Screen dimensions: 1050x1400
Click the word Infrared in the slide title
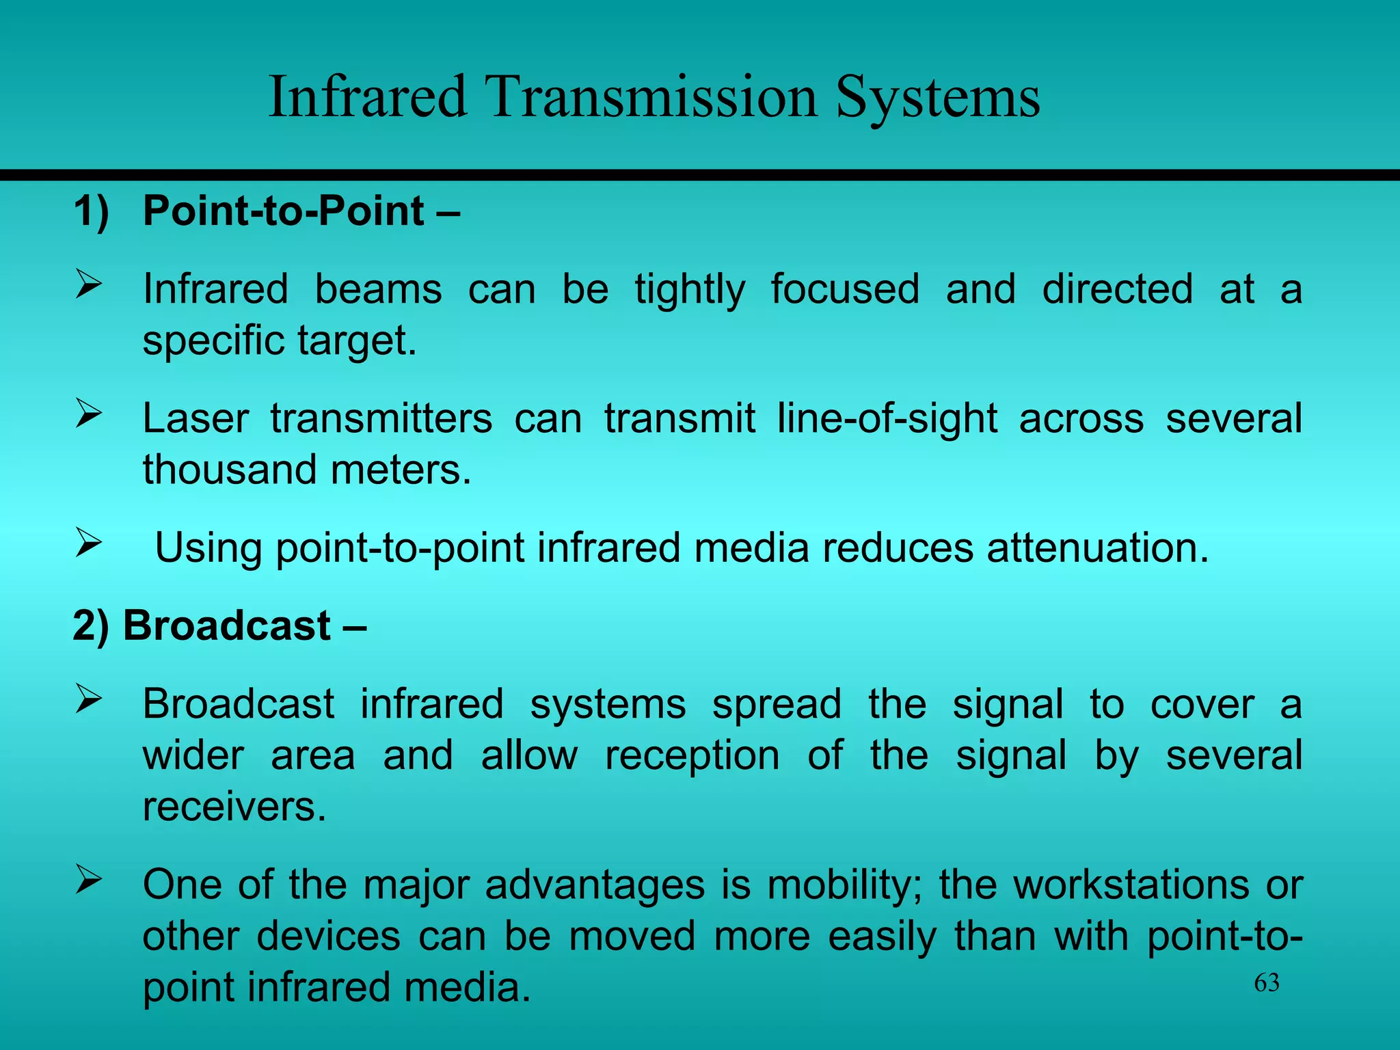pos(368,97)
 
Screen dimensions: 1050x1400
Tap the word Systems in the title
pos(937,97)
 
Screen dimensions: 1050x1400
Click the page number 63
pos(1266,983)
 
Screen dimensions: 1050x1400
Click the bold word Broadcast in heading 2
pos(227,625)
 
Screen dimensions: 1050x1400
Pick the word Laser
pos(195,418)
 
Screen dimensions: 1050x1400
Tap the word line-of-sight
pos(887,418)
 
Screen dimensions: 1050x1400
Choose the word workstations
pos(1131,885)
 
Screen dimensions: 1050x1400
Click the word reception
pos(692,756)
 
